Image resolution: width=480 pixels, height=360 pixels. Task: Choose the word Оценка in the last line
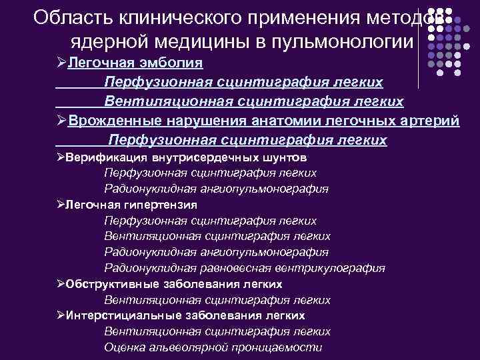[x=124, y=347]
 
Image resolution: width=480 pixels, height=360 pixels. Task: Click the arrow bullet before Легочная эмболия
[x=61, y=63]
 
